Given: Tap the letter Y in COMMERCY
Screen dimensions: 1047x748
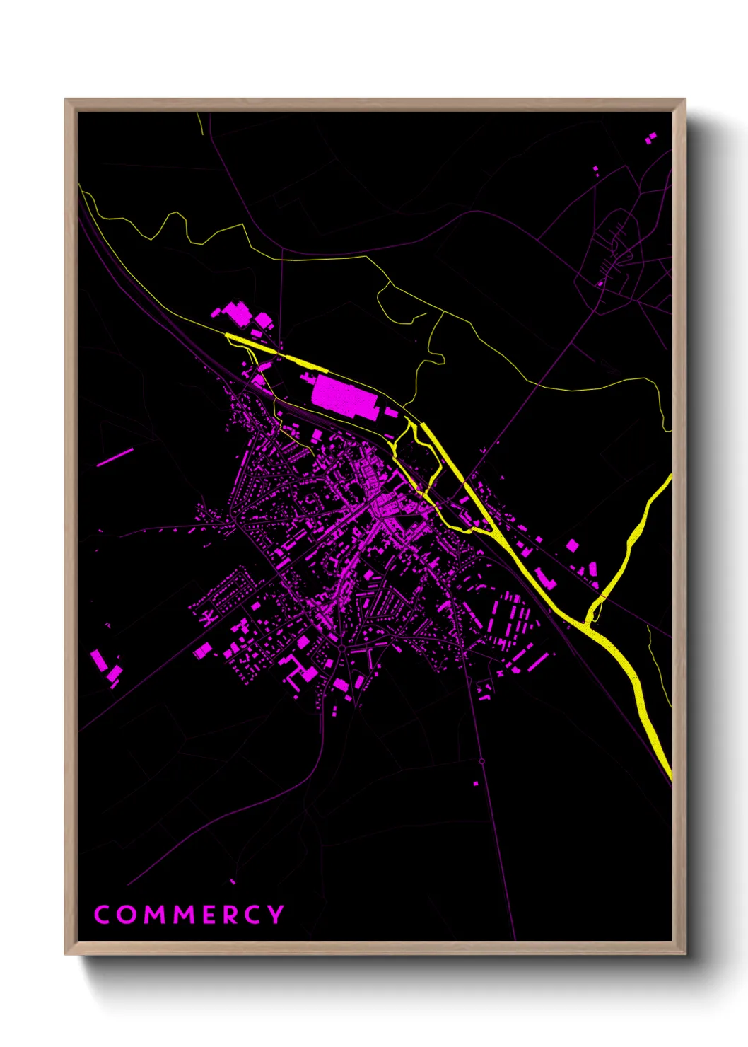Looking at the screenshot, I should click(275, 915).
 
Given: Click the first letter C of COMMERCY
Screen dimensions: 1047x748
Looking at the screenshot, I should click(103, 915).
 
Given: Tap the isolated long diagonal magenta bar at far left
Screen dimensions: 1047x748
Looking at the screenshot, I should click(115, 457).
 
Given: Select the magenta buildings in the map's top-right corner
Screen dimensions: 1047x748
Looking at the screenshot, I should click(651, 138).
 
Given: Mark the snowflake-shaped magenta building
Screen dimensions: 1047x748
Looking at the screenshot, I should click(206, 618).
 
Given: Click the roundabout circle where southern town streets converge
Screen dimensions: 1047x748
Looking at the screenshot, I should click(341, 647).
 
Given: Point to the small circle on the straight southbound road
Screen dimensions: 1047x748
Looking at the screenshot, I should click(481, 761).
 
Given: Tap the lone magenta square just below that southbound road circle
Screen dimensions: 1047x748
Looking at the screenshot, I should click(476, 783).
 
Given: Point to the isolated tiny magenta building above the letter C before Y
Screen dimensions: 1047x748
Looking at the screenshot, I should click(233, 881).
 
